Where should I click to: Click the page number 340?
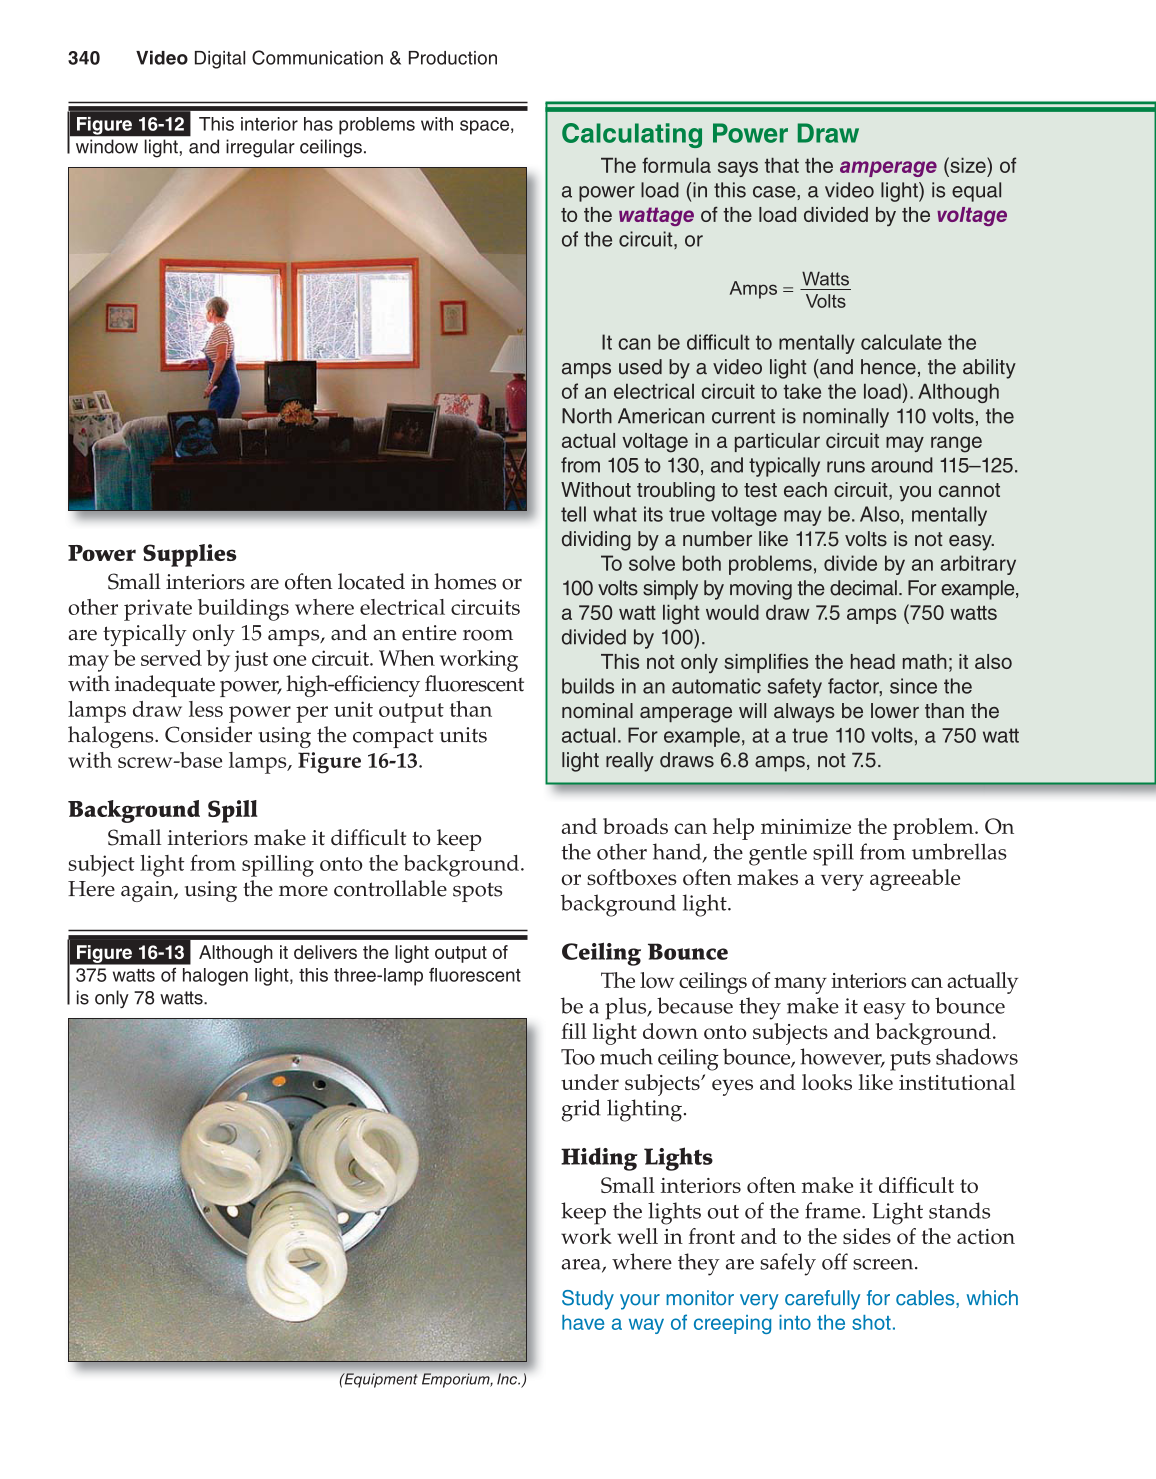coord(84,58)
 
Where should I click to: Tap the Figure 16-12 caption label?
coord(130,124)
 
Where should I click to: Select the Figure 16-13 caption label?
coord(130,952)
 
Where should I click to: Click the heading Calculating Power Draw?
coord(709,134)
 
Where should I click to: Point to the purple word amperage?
coord(887,166)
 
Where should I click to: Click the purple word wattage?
coord(655,215)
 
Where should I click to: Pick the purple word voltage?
coord(971,215)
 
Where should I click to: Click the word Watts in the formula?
coord(825,279)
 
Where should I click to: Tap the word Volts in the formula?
coord(825,302)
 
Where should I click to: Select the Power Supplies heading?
coord(152,554)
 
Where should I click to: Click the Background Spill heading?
coord(162,810)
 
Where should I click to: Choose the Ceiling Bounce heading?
coord(644,952)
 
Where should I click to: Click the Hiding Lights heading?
coord(636,1157)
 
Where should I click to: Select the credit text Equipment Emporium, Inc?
coord(432,1379)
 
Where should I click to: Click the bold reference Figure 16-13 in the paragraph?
coord(357,761)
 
